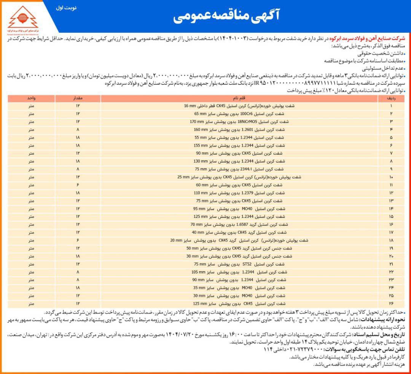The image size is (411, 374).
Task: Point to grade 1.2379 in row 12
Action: pos(248,193)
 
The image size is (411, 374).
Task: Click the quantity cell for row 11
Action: pos(78,185)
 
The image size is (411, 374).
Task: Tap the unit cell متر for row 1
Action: pos(32,106)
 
